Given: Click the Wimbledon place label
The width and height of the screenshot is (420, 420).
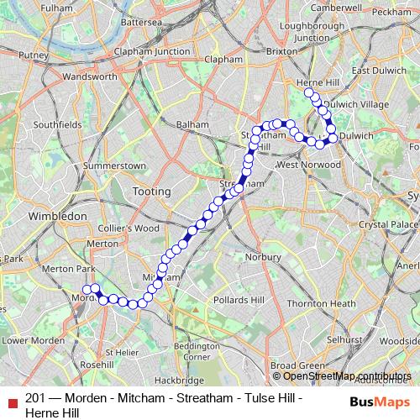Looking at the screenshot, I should (x=58, y=216).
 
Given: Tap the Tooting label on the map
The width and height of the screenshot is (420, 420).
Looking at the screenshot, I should (x=152, y=192).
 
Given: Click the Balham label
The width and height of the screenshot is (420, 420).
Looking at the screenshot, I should (x=192, y=124).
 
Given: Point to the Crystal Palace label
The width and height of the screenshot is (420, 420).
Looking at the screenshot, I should (x=387, y=225).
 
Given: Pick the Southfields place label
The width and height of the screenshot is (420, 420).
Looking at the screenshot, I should (x=57, y=124).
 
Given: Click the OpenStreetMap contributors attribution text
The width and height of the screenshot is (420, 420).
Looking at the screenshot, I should (x=347, y=375).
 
